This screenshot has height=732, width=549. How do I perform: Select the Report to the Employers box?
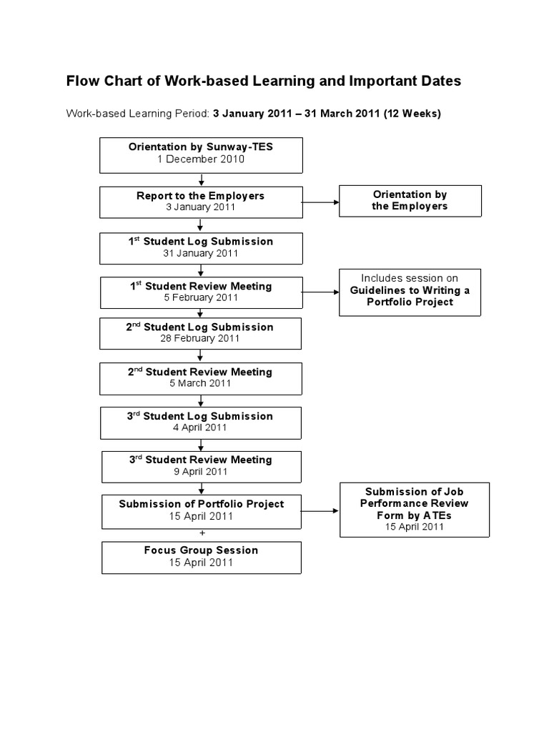pyautogui.click(x=201, y=202)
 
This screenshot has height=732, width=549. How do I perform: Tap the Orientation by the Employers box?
pyautogui.click(x=410, y=200)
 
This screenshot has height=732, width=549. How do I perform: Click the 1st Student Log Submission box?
pyautogui.click(x=201, y=247)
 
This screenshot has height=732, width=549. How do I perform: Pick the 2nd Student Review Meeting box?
pyautogui.click(x=201, y=377)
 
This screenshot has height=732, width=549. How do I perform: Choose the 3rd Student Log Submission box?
pyautogui.click(x=201, y=422)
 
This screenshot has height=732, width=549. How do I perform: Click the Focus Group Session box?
pyautogui.click(x=201, y=557)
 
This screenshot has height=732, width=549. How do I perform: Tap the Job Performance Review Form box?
pyautogui.click(x=414, y=509)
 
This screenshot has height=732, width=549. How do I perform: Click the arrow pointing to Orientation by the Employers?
pyautogui.click(x=320, y=202)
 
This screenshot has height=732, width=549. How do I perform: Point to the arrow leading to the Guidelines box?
pyautogui.click(x=320, y=292)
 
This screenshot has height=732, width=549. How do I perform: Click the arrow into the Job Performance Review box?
pyautogui.click(x=320, y=511)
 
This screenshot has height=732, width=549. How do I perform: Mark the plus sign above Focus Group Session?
pyautogui.click(x=202, y=533)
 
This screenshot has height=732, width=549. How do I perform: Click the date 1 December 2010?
pyautogui.click(x=201, y=159)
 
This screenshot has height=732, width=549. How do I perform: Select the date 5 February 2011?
pyautogui.click(x=201, y=298)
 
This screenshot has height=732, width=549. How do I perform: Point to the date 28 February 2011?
pyautogui.click(x=201, y=339)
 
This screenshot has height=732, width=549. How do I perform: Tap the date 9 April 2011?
pyautogui.click(x=201, y=472)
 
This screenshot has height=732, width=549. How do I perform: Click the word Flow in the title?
pyautogui.click(x=83, y=81)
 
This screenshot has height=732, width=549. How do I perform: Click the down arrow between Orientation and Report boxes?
pyautogui.click(x=202, y=179)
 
